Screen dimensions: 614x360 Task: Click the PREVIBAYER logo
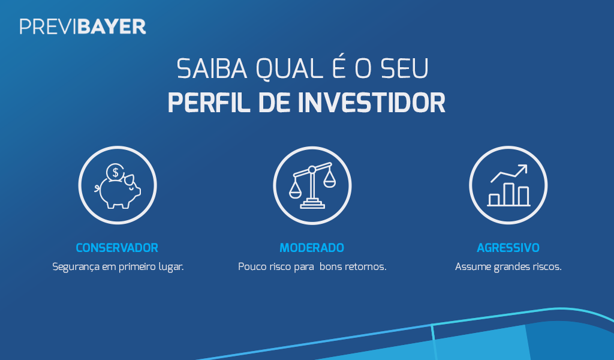click(83, 26)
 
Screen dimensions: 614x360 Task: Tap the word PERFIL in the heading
click(209, 103)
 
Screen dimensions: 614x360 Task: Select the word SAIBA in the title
click(212, 68)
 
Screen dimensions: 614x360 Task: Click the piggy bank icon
click(118, 185)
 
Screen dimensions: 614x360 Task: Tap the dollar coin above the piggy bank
click(115, 172)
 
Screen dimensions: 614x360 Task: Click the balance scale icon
click(312, 185)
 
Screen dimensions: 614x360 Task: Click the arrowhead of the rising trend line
click(523, 169)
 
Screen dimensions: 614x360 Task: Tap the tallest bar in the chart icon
click(508, 194)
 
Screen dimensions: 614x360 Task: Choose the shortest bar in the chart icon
click(494, 200)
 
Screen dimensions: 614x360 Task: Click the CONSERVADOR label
click(117, 248)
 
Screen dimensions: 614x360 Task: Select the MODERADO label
click(312, 248)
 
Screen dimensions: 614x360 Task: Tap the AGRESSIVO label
click(508, 248)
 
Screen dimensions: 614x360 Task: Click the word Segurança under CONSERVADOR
click(76, 267)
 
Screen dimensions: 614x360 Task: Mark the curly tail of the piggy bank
click(97, 188)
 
